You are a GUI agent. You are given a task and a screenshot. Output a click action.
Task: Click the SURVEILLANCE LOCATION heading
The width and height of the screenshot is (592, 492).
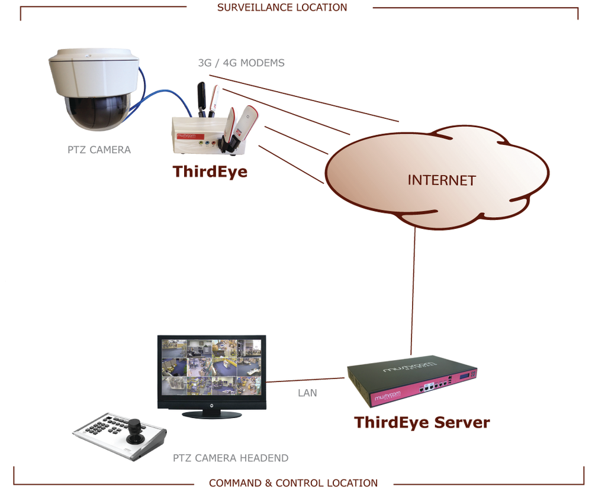tap(282, 8)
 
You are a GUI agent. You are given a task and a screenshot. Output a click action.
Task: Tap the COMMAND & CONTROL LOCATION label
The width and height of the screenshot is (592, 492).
tap(293, 483)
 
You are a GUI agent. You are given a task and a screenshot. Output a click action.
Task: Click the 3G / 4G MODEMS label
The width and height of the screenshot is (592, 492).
tap(241, 63)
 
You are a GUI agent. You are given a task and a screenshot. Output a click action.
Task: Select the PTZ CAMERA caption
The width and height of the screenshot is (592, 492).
tap(99, 150)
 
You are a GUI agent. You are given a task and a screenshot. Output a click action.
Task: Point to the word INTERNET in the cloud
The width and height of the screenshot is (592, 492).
tap(441, 180)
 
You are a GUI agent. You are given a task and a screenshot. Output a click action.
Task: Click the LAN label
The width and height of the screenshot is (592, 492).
tap(307, 393)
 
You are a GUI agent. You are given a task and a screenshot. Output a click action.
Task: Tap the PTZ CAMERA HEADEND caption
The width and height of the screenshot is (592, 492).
tap(230, 458)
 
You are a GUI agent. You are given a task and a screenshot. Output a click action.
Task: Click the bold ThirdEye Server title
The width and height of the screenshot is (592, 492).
tap(422, 423)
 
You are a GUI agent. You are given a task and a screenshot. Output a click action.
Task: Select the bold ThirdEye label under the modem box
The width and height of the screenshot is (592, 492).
tap(210, 171)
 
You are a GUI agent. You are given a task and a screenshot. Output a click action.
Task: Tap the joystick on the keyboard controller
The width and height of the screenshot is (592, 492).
tap(137, 428)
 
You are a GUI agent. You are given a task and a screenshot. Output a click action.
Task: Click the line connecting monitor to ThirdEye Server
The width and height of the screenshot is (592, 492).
tap(306, 380)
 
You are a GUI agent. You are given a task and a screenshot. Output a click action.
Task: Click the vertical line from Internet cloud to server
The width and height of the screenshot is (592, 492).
tap(413, 290)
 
